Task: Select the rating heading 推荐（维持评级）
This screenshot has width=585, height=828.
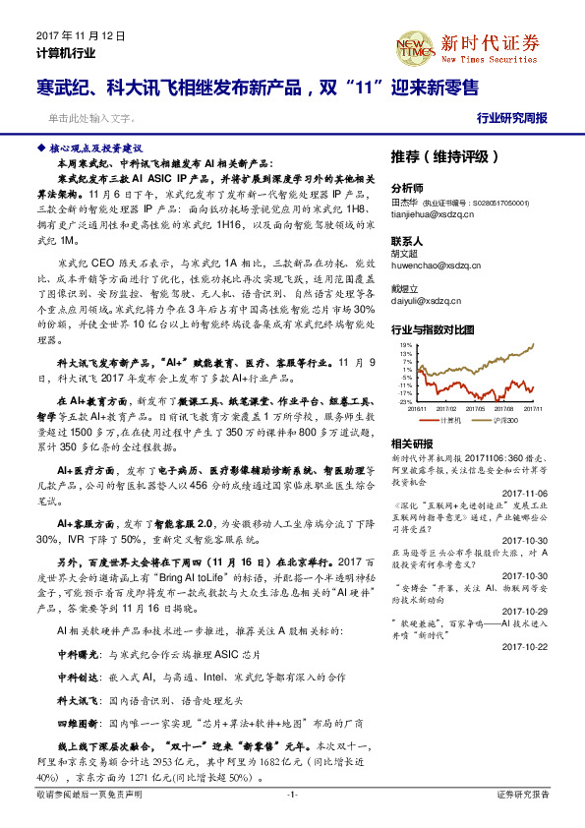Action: tap(431, 156)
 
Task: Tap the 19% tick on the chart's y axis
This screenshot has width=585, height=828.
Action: tap(401, 345)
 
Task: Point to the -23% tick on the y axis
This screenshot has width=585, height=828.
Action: tap(400, 402)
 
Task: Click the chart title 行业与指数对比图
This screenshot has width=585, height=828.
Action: tap(434, 329)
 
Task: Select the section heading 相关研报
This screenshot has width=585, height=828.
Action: tap(410, 444)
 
